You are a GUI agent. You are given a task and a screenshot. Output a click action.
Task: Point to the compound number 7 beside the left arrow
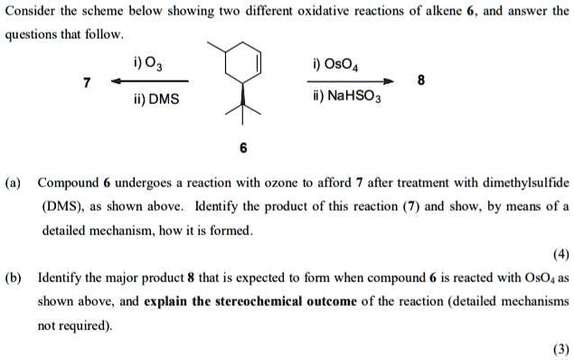87,82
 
